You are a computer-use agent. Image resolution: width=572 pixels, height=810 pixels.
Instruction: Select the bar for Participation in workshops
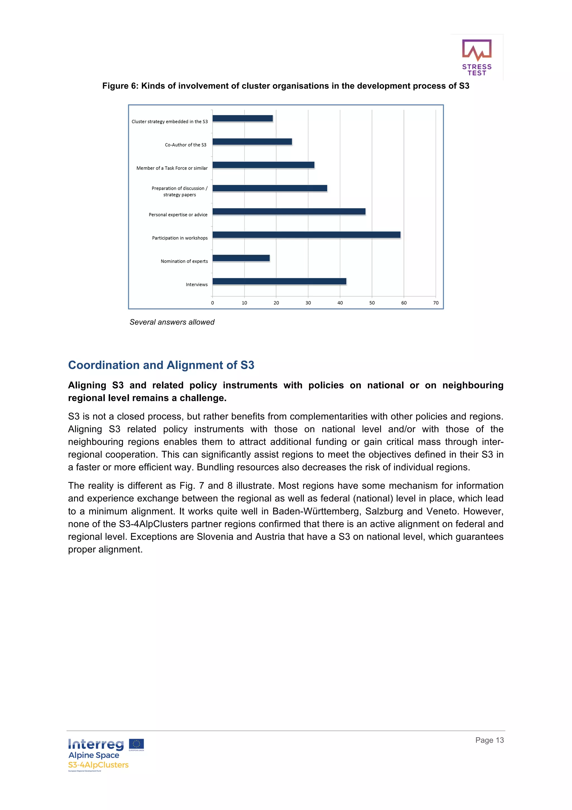pos(306,235)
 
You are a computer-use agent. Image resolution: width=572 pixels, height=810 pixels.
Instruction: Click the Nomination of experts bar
pos(241,258)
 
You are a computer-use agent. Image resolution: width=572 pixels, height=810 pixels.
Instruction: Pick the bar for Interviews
pos(279,281)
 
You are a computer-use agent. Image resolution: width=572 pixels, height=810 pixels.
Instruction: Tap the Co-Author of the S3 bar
pos(252,141)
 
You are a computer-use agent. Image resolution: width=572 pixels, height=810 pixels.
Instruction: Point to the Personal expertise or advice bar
pos(289,211)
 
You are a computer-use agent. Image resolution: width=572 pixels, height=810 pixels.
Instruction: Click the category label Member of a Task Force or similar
pos(172,168)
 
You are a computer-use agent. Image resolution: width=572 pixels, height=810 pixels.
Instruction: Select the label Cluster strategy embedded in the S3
pos(170,122)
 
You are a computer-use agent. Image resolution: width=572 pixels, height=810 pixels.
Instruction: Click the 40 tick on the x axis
pos(340,303)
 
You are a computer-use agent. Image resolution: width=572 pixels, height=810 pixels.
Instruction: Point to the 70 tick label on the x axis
pos(436,303)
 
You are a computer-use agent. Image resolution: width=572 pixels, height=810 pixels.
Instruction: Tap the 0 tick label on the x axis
pos(213,303)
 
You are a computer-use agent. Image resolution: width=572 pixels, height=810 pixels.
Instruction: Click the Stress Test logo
pos(476,58)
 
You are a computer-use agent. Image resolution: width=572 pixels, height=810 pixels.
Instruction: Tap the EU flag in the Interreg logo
pos(136,744)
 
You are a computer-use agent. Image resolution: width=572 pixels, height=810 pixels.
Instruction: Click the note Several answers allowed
pos(172,322)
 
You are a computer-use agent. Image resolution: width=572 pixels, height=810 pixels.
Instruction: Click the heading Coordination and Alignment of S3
pos(161,365)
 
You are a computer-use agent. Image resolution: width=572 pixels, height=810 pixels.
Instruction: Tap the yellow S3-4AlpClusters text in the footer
pos(98,765)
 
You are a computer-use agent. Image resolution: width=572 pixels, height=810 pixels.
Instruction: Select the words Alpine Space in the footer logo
pos(94,755)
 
